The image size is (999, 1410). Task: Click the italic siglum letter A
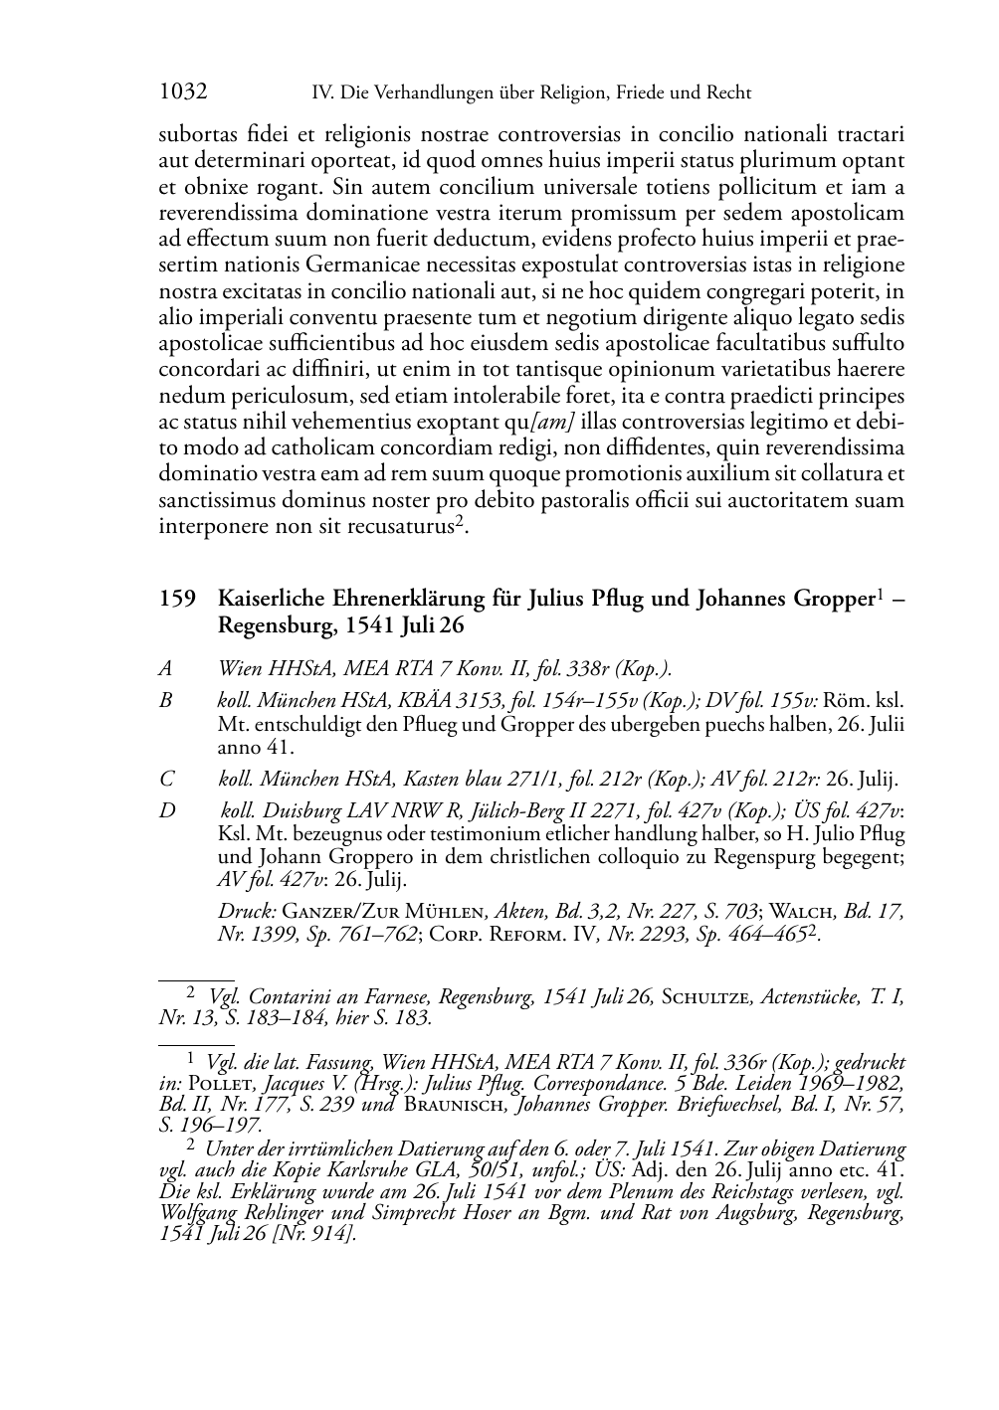click(165, 668)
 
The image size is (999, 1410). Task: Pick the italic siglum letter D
click(166, 811)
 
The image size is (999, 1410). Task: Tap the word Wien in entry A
click(239, 668)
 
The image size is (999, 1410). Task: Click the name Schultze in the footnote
click(707, 998)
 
